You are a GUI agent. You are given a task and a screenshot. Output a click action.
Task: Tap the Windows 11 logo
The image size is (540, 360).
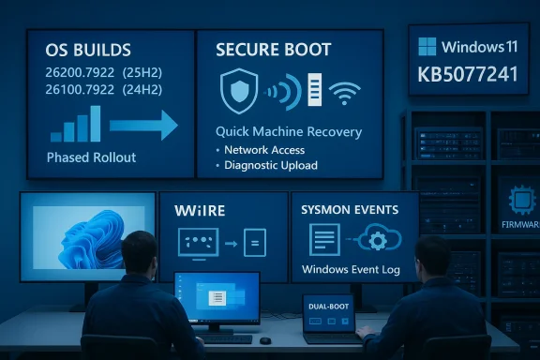[427, 47]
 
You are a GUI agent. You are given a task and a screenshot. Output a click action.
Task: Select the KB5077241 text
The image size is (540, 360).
[469, 74]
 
